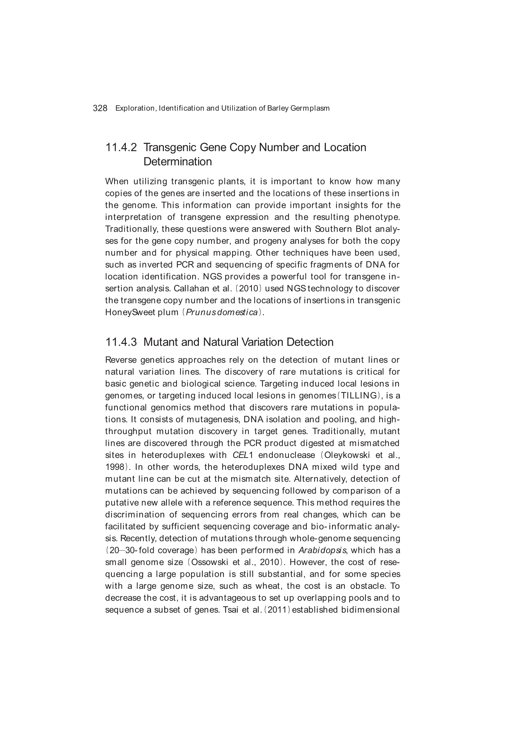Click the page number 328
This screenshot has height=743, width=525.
(100, 108)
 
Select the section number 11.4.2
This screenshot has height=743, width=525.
(121, 147)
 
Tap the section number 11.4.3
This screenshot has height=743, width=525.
(121, 342)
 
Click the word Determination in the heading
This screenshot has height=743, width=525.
(178, 162)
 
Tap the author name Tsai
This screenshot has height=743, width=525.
(231, 610)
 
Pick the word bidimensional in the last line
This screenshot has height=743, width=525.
(370, 610)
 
